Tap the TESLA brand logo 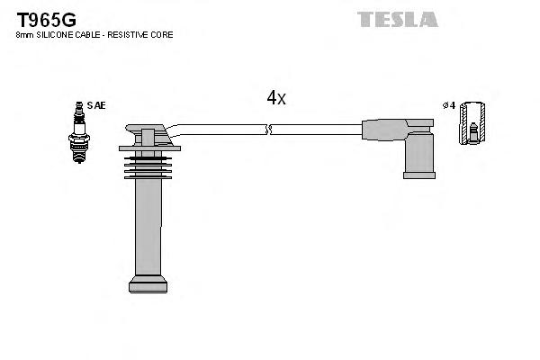click(397, 19)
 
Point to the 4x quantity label click(276, 98)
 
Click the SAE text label click(96, 105)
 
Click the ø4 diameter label click(447, 105)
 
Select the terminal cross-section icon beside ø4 click(472, 123)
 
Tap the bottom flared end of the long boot click(148, 284)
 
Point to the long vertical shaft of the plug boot click(148, 225)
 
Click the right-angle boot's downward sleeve click(418, 157)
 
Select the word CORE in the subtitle click(163, 35)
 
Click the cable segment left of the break click(220, 128)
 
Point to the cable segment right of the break click(315, 130)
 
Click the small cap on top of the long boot click(148, 136)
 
